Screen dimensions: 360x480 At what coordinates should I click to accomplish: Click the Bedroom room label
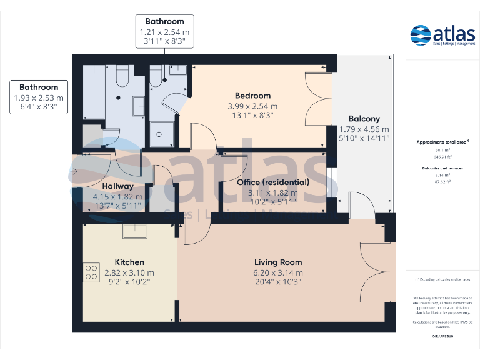click(x=252, y=96)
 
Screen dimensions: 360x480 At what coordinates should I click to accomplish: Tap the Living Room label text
click(x=278, y=262)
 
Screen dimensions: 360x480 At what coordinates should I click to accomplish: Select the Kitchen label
click(x=129, y=262)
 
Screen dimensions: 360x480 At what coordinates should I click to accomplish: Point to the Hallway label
click(x=117, y=186)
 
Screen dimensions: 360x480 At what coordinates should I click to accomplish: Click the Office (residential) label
click(x=273, y=182)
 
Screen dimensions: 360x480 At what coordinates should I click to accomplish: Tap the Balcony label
click(x=364, y=119)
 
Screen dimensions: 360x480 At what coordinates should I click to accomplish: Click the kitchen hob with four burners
click(x=91, y=272)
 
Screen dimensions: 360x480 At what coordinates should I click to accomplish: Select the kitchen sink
click(x=133, y=231)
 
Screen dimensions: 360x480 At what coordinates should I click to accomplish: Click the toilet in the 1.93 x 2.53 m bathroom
click(x=121, y=78)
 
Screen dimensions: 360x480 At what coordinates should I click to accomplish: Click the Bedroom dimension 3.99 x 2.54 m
click(x=252, y=106)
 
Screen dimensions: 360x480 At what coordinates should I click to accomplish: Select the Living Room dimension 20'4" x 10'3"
click(x=278, y=282)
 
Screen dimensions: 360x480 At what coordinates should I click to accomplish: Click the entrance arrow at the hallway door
click(x=74, y=170)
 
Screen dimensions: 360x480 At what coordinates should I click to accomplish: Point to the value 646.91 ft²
click(x=442, y=157)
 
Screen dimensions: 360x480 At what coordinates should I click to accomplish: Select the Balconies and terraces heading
click(x=442, y=168)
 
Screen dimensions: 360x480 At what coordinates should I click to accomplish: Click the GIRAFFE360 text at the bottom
click(x=442, y=336)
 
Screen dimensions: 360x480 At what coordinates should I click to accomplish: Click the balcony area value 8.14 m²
click(x=442, y=176)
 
